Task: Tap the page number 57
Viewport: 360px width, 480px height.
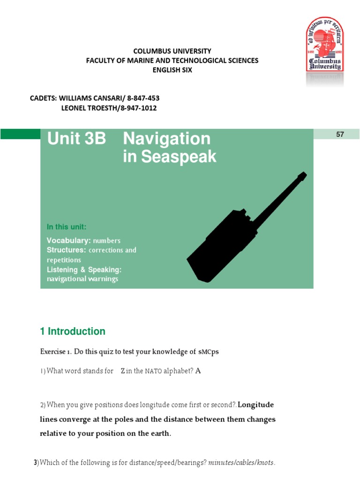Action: [340, 134]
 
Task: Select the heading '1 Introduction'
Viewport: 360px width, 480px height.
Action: [73, 331]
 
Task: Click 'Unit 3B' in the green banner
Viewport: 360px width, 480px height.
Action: [76, 139]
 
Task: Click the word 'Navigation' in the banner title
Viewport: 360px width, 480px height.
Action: [166, 139]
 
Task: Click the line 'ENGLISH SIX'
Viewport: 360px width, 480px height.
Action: [172, 70]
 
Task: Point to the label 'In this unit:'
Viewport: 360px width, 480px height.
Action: [66, 227]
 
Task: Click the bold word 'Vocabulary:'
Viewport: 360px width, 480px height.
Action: [68, 240]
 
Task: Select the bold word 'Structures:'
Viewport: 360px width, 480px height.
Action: [67, 250]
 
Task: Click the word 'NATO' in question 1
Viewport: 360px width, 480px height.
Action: [153, 371]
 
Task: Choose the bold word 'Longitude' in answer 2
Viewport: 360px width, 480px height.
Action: [256, 405]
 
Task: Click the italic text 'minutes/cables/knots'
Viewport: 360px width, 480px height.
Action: [241, 463]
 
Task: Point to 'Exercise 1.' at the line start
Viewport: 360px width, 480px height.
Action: [55, 352]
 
